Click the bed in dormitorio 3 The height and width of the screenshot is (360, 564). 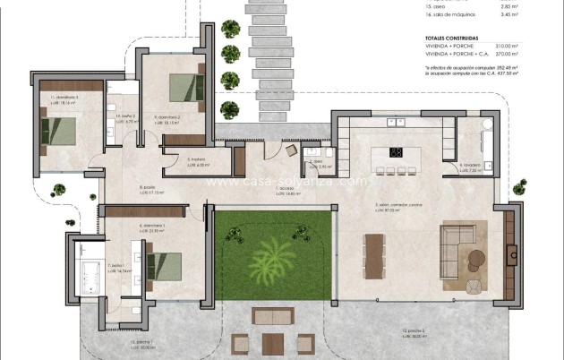coord(56,130)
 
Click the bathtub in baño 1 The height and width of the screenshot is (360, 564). coord(90,268)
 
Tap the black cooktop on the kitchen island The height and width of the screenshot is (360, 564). coord(397,151)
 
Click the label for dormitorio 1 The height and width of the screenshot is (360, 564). coord(153,226)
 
